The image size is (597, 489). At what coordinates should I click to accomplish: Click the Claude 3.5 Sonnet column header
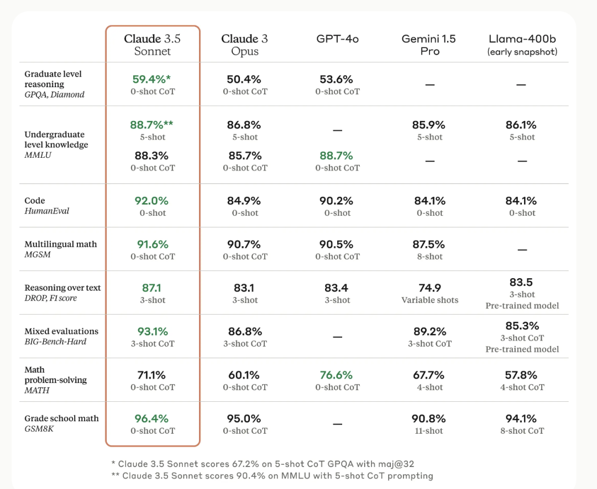click(152, 45)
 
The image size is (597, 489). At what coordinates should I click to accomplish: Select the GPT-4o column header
click(337, 39)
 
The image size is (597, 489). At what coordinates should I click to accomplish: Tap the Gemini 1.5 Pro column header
click(430, 45)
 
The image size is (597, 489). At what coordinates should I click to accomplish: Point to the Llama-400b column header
click(522, 45)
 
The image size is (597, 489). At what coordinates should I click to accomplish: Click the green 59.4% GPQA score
click(153, 79)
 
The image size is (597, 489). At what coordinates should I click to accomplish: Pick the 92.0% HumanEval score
click(152, 201)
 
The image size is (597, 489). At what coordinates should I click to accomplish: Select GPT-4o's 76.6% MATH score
click(336, 375)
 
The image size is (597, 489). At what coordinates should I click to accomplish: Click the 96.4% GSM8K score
click(152, 419)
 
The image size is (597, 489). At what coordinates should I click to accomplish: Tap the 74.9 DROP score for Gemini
click(430, 288)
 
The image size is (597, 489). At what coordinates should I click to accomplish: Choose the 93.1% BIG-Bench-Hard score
click(152, 332)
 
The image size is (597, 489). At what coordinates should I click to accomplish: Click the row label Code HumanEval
click(47, 205)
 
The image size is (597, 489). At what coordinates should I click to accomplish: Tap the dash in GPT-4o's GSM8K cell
click(337, 424)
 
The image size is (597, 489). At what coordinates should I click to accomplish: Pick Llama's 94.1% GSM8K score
click(521, 419)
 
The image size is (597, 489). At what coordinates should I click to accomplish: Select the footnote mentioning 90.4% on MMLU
click(272, 475)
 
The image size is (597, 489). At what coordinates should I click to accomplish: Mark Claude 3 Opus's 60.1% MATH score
click(244, 375)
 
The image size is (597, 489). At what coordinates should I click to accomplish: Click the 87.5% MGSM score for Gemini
click(430, 244)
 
